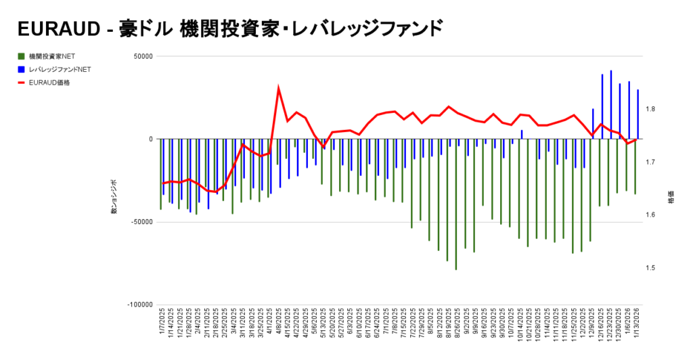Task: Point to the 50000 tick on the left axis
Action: pos(141,56)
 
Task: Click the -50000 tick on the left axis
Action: pos(139,222)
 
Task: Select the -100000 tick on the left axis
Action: pos(138,305)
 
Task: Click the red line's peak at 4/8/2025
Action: pos(279,88)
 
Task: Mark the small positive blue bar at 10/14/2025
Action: pos(522,135)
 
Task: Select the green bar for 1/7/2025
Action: pos(161,174)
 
